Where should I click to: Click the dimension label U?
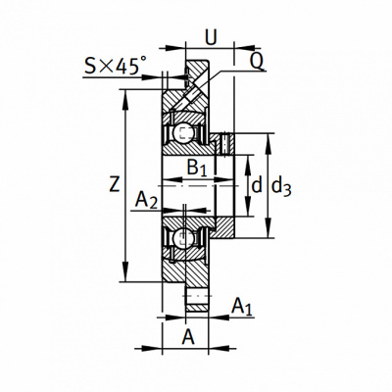point(211,37)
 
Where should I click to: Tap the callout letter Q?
point(257,61)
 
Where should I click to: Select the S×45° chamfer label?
point(116,66)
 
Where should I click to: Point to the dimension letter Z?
point(114,184)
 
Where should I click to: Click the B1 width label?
point(197,169)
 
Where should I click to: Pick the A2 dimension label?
point(146,200)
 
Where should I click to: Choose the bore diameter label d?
point(257,185)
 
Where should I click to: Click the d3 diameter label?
point(281,187)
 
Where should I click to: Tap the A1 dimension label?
point(242,308)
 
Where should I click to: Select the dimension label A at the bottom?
point(188,337)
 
